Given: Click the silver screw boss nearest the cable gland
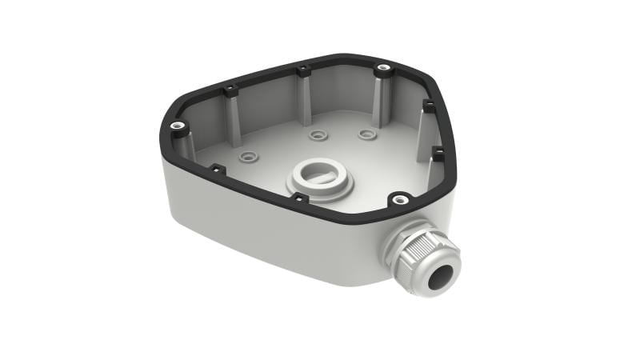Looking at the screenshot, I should pyautogui.click(x=398, y=198).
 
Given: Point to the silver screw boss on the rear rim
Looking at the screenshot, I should pyautogui.click(x=384, y=70).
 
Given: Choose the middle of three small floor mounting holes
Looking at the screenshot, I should pyautogui.click(x=318, y=135).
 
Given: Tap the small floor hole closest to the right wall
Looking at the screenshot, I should pyautogui.click(x=366, y=134).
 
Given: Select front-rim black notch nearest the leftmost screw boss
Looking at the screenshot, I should pyautogui.click(x=216, y=169).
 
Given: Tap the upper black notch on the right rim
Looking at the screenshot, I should pyautogui.click(x=428, y=106).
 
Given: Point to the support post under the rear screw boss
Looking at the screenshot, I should pyautogui.click(x=382, y=100).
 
